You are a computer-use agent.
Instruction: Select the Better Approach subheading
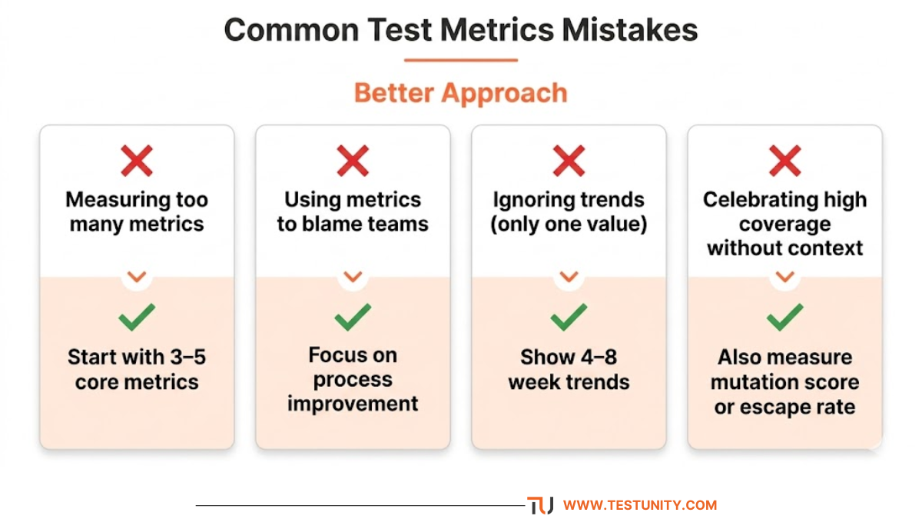click(460, 93)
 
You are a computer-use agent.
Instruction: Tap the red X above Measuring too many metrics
click(137, 161)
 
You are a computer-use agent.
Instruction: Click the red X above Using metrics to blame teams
click(353, 161)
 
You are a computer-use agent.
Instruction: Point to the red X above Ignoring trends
click(569, 161)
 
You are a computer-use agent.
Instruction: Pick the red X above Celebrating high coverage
click(784, 161)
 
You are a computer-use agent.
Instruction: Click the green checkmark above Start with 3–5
click(137, 317)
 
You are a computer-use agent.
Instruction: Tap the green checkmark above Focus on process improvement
click(353, 317)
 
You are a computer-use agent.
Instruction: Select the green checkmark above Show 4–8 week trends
click(569, 317)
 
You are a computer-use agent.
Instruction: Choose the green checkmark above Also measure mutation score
click(784, 317)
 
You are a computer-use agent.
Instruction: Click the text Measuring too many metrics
click(137, 212)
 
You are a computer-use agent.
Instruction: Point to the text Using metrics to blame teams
click(353, 212)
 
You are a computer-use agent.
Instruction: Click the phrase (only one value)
click(569, 225)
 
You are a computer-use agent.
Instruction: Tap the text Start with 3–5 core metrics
click(137, 370)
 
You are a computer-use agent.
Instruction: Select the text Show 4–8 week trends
click(569, 370)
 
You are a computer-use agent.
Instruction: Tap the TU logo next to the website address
click(540, 505)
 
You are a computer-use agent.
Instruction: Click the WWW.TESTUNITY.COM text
click(639, 505)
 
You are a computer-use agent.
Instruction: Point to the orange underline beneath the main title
click(460, 59)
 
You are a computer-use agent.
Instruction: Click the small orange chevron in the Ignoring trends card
click(569, 277)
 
